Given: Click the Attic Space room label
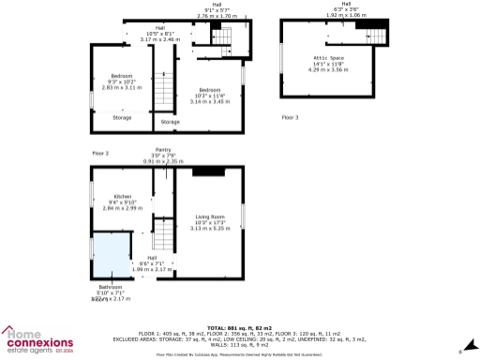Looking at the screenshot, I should pyautogui.click(x=328, y=57).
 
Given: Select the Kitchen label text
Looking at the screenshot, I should pyautogui.click(x=119, y=196).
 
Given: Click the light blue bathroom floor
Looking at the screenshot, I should pyautogui.click(x=110, y=258).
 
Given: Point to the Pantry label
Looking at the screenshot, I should pyautogui.click(x=164, y=150).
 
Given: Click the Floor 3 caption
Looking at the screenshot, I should pyautogui.click(x=291, y=117).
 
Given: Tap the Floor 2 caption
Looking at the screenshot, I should pyautogui.click(x=100, y=152).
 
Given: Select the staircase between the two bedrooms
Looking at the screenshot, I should pyautogui.click(x=164, y=89).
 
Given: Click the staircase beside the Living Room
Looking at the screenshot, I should pyautogui.click(x=164, y=232).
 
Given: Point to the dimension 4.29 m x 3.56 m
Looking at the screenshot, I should pyautogui.click(x=328, y=69).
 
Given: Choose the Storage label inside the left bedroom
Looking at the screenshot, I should pyautogui.click(x=122, y=117).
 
